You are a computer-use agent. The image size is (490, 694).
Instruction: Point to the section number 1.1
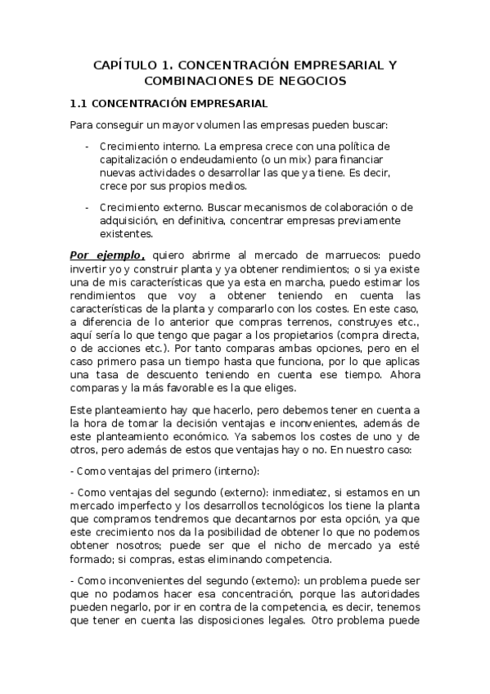tap(79, 104)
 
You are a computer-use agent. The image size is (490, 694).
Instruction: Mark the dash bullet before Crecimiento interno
tap(88, 146)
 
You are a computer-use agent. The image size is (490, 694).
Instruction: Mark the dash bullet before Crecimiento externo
tap(88, 208)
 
